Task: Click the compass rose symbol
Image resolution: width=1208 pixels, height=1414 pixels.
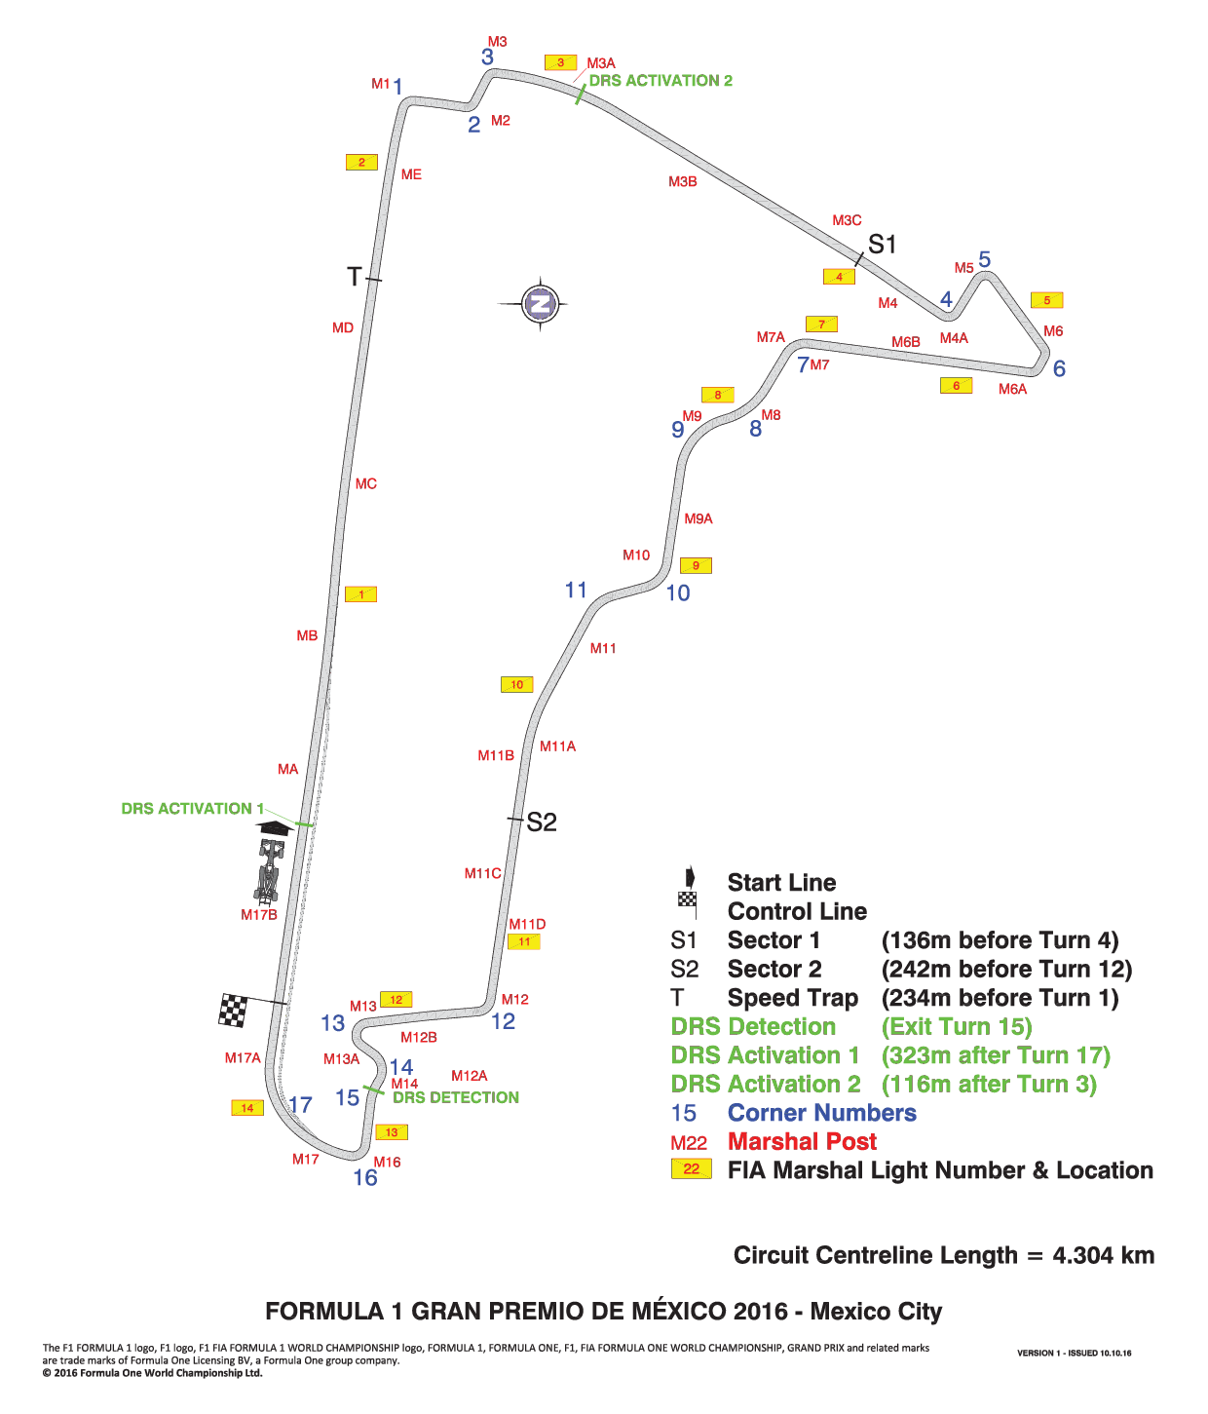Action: pyautogui.click(x=540, y=303)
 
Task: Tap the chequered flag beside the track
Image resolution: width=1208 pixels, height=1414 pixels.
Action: pyautogui.click(x=233, y=1010)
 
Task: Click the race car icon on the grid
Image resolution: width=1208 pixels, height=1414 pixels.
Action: pyautogui.click(x=270, y=871)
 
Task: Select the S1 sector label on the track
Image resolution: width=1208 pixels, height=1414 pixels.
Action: pyautogui.click(x=881, y=244)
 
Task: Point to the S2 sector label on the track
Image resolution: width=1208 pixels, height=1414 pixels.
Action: pyautogui.click(x=541, y=822)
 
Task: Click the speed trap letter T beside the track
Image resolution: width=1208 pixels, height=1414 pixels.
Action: pyautogui.click(x=354, y=277)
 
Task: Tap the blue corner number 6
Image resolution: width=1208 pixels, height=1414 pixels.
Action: pyautogui.click(x=1058, y=368)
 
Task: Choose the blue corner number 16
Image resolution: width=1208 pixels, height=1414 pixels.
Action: pyautogui.click(x=364, y=1176)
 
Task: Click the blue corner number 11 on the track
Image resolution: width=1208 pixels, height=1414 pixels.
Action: pyautogui.click(x=576, y=589)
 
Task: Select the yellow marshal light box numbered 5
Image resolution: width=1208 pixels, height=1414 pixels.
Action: pyautogui.click(x=1046, y=299)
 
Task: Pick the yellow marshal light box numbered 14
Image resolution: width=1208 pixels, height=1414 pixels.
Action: pyautogui.click(x=246, y=1108)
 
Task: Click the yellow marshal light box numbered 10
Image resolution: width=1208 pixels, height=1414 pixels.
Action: pyautogui.click(x=516, y=684)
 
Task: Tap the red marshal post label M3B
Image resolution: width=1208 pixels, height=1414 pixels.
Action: pyautogui.click(x=682, y=181)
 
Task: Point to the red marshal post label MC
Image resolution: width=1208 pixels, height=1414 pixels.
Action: pyautogui.click(x=365, y=483)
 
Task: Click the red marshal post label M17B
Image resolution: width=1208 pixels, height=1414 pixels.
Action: pyautogui.click(x=258, y=915)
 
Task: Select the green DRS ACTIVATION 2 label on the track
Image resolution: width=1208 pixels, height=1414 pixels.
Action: pyautogui.click(x=661, y=81)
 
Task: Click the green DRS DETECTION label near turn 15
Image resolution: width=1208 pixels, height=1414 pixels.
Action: pyautogui.click(x=456, y=1097)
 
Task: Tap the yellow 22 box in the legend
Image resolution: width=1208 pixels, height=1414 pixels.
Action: pyautogui.click(x=691, y=1168)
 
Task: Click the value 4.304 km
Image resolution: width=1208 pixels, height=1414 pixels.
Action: pyautogui.click(x=1103, y=1255)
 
